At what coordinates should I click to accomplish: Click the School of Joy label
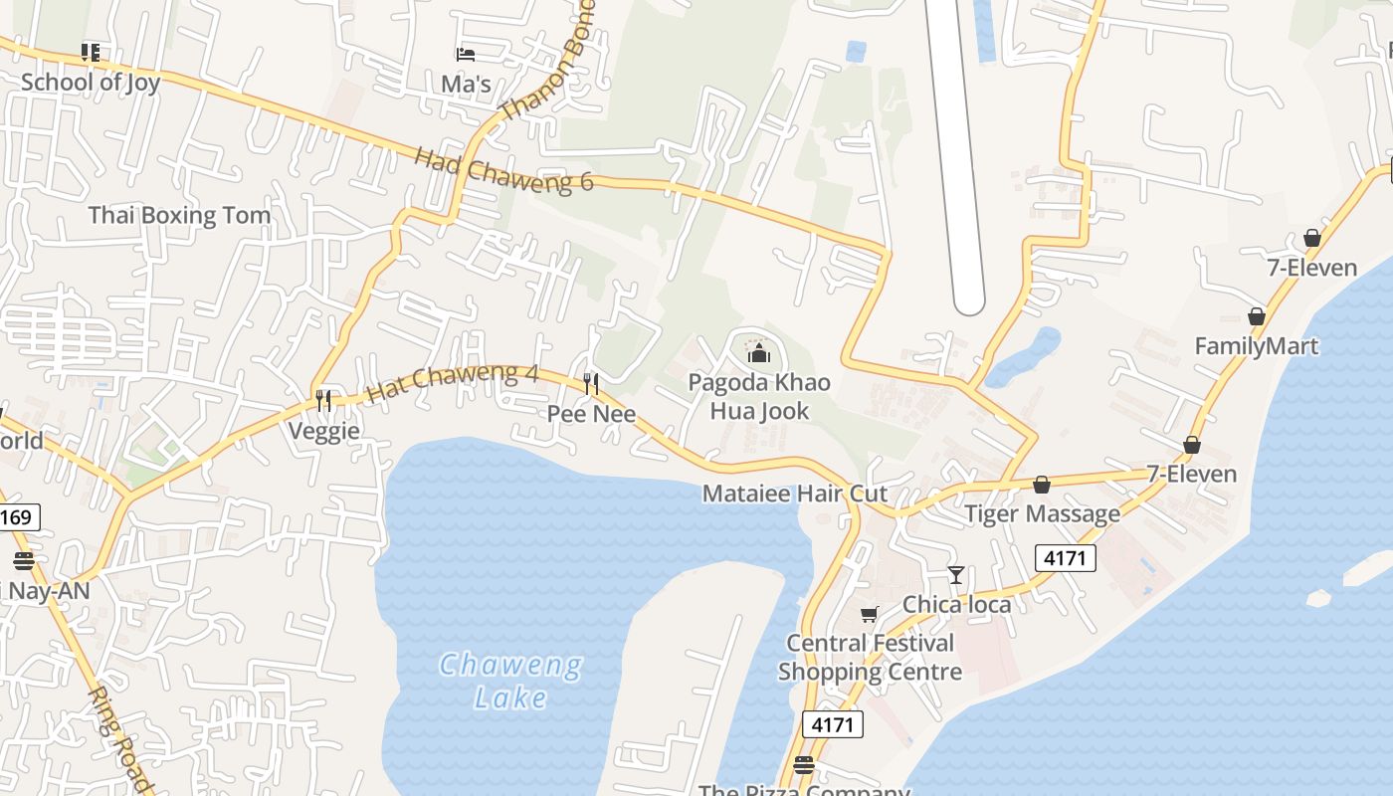click(x=90, y=82)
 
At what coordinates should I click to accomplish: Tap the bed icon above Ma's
click(x=466, y=54)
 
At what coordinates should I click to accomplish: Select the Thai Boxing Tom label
click(x=179, y=215)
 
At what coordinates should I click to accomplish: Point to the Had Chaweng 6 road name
click(x=503, y=169)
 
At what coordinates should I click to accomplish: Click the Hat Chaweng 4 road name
click(x=453, y=382)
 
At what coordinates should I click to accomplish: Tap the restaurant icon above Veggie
click(x=323, y=401)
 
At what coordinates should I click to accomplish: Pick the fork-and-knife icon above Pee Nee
click(x=591, y=383)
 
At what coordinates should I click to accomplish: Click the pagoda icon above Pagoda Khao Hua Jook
click(x=759, y=352)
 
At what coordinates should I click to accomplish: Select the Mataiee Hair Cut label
click(x=794, y=494)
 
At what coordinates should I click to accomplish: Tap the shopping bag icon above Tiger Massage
click(x=1042, y=485)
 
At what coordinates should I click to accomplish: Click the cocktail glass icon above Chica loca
click(x=956, y=574)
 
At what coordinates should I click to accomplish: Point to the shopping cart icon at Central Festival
click(x=870, y=614)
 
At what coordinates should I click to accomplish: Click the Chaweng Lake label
click(x=510, y=681)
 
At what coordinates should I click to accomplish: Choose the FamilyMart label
click(x=1257, y=346)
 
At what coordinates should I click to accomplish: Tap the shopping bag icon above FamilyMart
click(x=1257, y=316)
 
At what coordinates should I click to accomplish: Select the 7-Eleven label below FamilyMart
click(x=1191, y=474)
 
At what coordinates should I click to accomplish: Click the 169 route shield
click(x=19, y=516)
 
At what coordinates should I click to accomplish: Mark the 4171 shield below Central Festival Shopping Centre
click(x=832, y=724)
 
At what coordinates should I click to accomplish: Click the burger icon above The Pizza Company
click(x=804, y=765)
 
